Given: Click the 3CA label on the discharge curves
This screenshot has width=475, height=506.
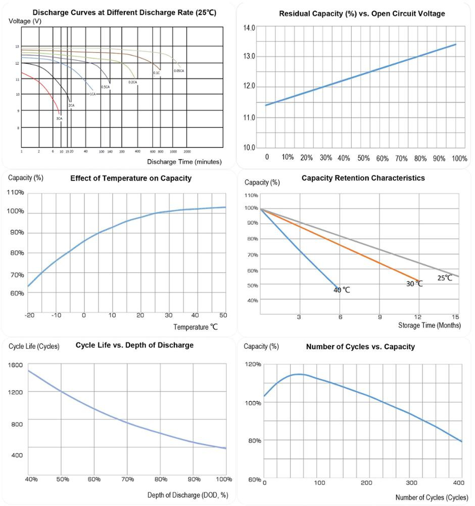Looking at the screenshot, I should coord(59,118).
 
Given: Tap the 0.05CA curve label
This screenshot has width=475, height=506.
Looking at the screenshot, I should coord(179,70).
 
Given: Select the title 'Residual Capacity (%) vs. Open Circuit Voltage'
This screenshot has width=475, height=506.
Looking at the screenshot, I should coord(362,14).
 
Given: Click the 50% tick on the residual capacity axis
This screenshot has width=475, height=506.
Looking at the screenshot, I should coord(363,158).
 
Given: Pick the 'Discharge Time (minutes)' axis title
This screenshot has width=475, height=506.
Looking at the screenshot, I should coord(184,162).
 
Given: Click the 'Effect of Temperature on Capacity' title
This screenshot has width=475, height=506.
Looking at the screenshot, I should coord(131,178).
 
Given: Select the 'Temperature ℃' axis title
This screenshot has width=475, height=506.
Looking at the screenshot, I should coord(196,327).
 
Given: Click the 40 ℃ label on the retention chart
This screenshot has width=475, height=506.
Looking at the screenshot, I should coord(342,290).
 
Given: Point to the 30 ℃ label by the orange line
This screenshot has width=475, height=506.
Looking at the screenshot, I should coord(414,284).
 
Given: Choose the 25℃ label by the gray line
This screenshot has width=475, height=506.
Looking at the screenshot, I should coord(445,278).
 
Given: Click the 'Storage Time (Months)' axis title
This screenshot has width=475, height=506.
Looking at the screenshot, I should coord(430,325).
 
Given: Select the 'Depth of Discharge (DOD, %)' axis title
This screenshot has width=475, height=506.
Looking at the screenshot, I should coord(187,495).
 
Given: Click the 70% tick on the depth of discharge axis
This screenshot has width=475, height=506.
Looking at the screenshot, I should coord(127,479).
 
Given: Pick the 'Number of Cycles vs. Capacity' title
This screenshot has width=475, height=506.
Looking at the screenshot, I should coord(360,347).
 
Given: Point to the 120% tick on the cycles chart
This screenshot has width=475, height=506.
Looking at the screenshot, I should coord(253,364).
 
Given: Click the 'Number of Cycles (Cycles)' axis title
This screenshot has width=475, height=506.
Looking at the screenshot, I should coord(432,497).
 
